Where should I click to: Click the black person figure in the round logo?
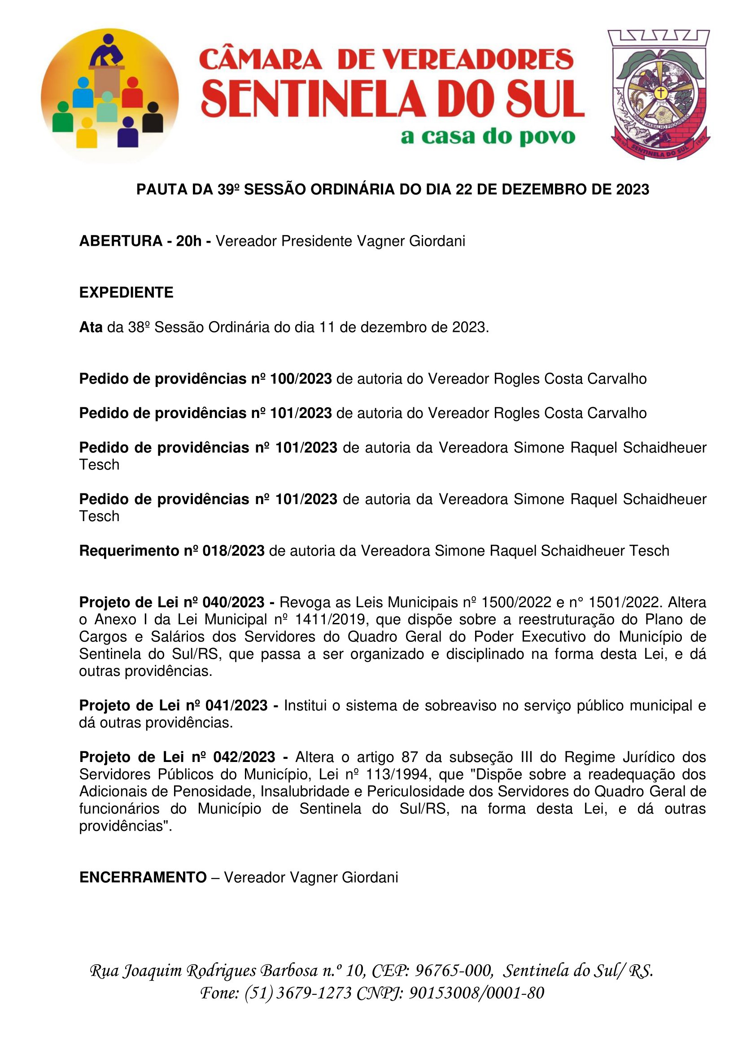(153, 118)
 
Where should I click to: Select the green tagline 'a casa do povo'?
(488, 137)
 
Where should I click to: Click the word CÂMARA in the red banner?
(261, 59)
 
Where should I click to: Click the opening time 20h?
(189, 241)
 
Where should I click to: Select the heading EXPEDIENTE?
(126, 292)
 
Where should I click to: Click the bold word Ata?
(91, 327)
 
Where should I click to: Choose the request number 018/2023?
(233, 551)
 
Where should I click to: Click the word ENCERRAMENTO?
(143, 877)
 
